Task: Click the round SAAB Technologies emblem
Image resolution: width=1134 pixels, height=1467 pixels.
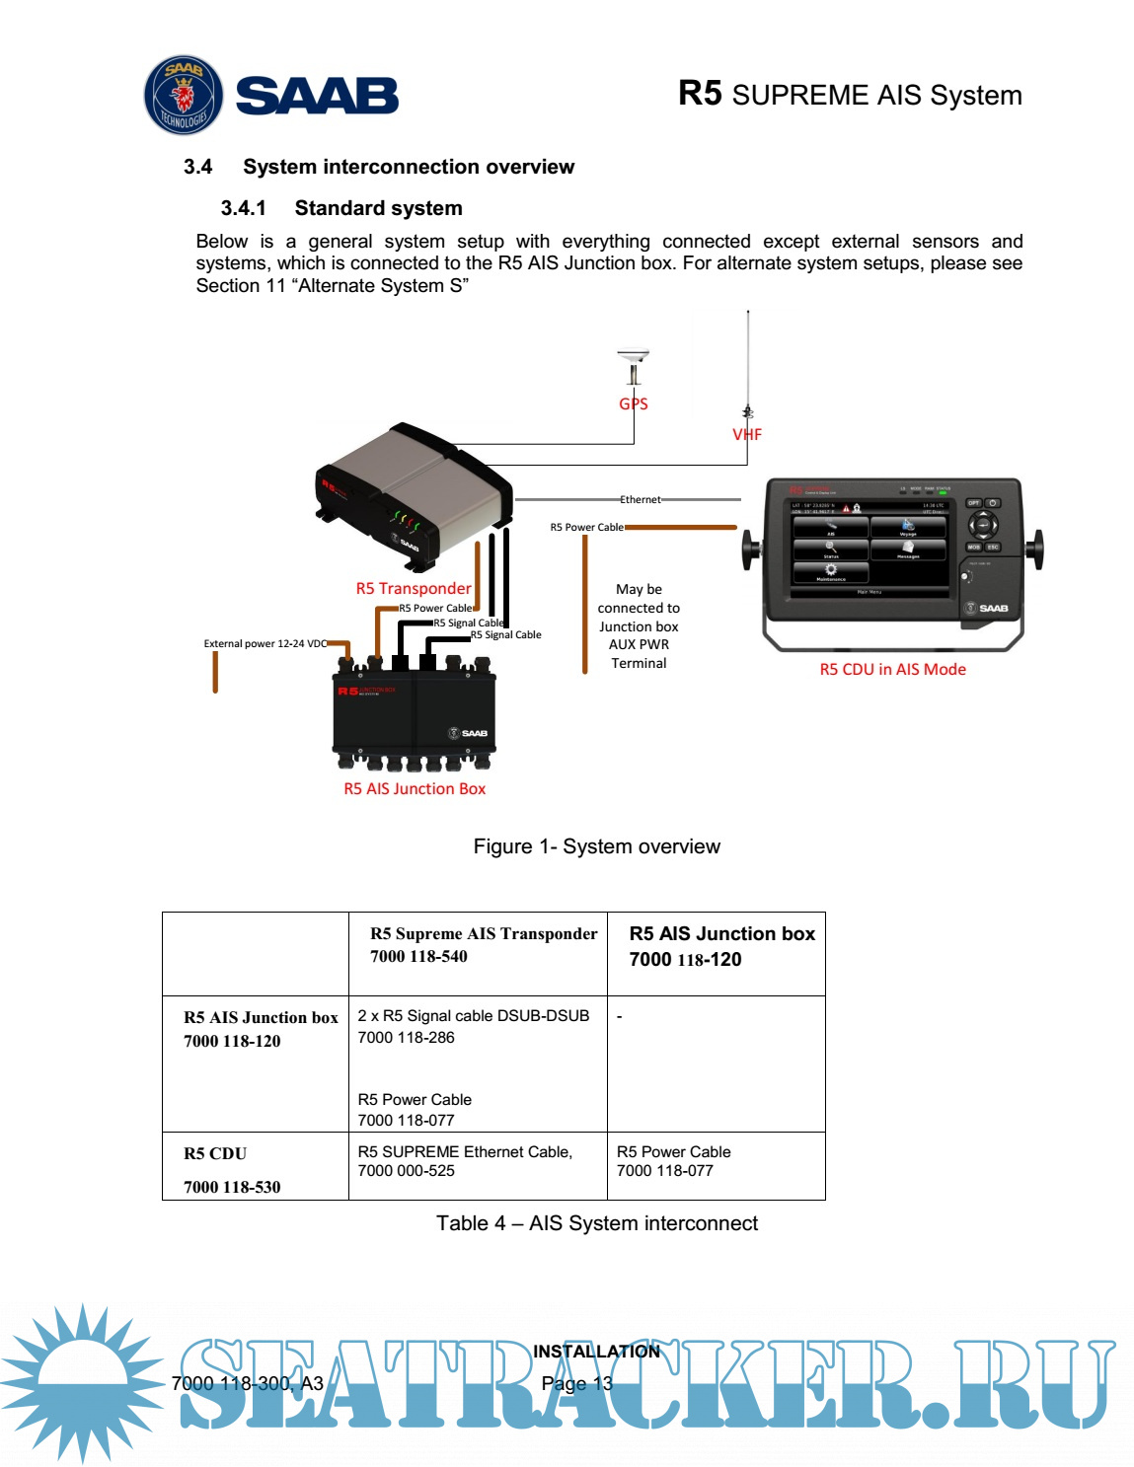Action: (184, 95)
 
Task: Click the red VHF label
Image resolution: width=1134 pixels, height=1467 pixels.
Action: (747, 434)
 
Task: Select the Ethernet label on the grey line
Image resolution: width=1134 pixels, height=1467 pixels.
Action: (641, 499)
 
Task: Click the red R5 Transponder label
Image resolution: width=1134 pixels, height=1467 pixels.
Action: (414, 588)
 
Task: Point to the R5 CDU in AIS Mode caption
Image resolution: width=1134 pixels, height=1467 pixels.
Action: (892, 669)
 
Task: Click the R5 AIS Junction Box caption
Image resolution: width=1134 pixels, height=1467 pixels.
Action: (415, 788)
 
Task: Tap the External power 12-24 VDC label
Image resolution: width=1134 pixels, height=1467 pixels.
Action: (265, 643)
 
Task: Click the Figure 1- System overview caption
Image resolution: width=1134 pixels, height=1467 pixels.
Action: (596, 846)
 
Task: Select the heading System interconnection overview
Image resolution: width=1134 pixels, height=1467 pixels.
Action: (409, 167)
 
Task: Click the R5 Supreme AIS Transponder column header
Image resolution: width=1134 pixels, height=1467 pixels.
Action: (483, 933)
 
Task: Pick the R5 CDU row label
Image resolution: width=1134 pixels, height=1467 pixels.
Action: (215, 1153)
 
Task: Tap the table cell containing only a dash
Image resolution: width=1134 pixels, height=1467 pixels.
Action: (620, 1016)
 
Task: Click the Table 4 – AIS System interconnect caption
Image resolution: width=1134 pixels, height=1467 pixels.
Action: (596, 1223)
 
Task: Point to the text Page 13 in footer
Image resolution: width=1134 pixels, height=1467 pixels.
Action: (577, 1383)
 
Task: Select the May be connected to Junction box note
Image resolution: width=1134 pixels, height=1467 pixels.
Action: (639, 625)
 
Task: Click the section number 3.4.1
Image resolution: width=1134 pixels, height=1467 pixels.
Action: (243, 208)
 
